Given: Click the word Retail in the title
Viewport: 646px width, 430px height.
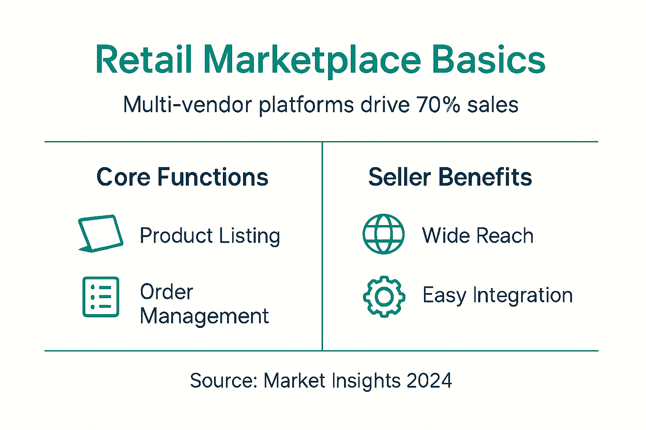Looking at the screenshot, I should (143, 60).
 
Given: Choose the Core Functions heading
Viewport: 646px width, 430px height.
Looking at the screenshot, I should (182, 177).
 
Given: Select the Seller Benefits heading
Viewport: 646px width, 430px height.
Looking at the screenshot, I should (450, 177).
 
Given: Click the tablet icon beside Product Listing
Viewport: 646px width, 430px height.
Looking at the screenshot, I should (101, 233).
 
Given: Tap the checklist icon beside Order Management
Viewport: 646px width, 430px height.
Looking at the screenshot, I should (101, 296).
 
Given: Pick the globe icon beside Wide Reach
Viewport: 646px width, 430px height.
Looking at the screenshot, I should (384, 234).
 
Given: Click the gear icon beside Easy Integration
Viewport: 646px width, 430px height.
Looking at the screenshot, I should (384, 296).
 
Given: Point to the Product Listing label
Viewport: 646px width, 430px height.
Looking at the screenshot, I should (210, 236).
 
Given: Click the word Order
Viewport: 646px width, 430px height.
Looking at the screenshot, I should (167, 292).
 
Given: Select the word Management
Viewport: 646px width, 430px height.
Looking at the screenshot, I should (204, 316).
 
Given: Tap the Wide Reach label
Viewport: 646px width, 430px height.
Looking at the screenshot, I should (478, 236).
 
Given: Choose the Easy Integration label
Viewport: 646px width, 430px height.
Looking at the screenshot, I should (498, 295).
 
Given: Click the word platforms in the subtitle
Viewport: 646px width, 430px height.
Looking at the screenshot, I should (306, 105).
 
